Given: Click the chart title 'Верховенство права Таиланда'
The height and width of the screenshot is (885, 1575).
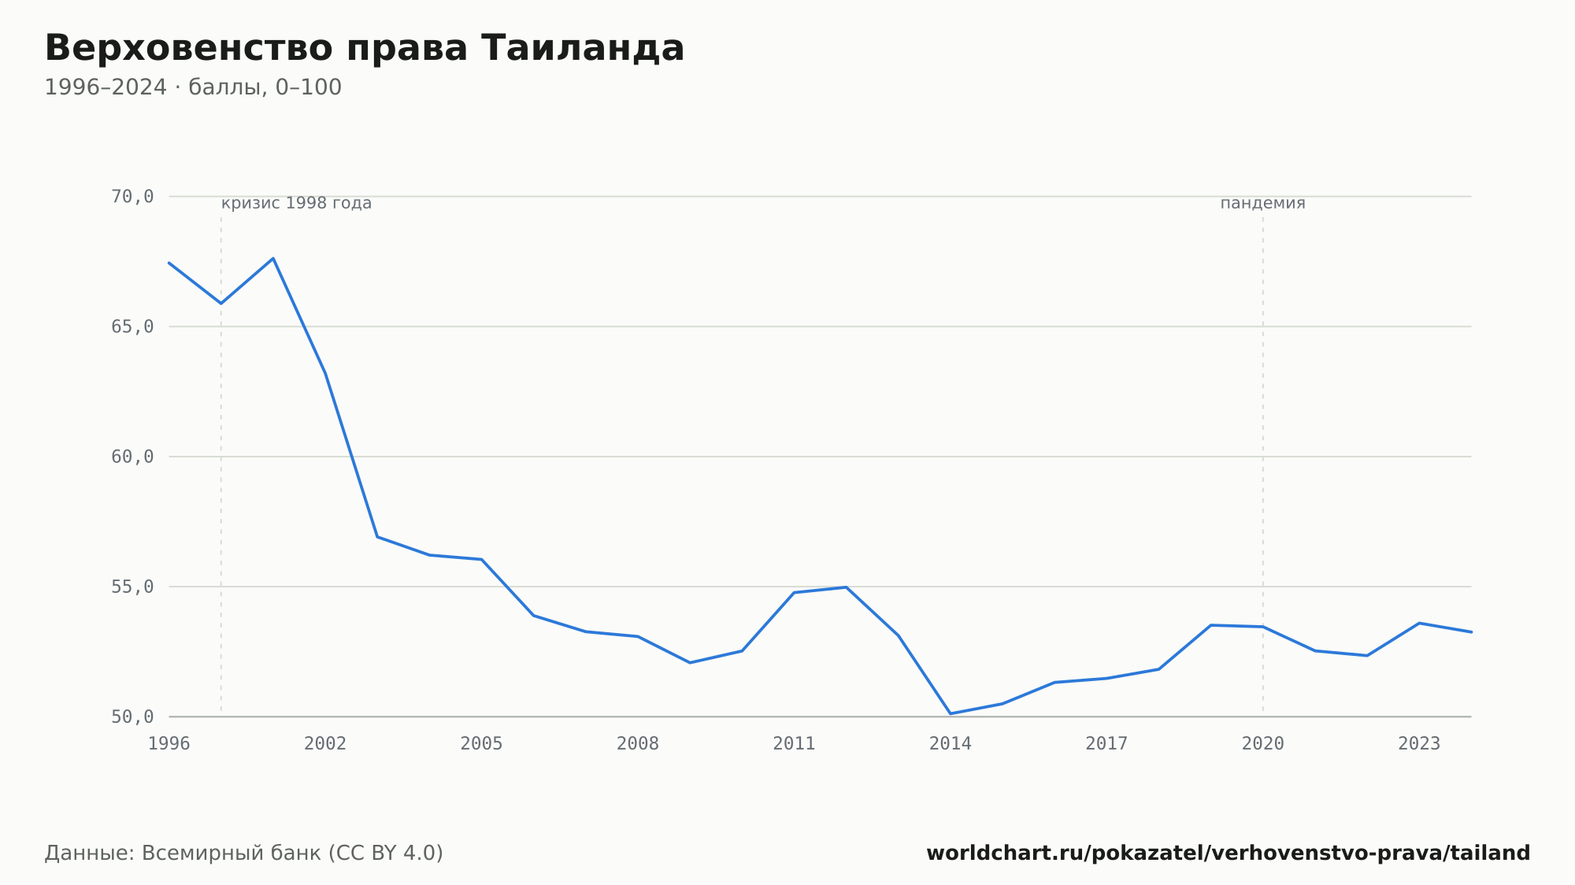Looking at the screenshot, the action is tap(365, 48).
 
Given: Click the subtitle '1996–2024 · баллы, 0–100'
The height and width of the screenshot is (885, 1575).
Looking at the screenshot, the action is tap(193, 87).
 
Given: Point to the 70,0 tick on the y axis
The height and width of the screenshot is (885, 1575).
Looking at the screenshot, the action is tap(132, 197).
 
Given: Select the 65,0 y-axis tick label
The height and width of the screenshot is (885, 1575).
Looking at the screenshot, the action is tap(132, 327).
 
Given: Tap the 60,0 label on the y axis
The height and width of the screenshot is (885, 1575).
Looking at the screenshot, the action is tap(132, 457).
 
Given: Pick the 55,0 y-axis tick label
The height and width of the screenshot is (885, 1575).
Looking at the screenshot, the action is tap(132, 587).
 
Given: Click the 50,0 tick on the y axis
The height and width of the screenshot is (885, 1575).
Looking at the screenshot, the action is tap(132, 717).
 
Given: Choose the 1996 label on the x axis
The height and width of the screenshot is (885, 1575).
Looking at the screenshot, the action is tap(169, 744).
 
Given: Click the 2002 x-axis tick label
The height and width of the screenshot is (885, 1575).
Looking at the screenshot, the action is tap(325, 744).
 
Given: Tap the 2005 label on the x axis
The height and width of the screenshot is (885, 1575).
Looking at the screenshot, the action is tap(482, 744).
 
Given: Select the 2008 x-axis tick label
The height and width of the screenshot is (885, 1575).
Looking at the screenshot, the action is tap(638, 744).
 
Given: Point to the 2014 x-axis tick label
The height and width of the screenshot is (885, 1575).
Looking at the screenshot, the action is tap(951, 744).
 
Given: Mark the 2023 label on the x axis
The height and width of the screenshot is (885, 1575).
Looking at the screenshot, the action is tap(1419, 744).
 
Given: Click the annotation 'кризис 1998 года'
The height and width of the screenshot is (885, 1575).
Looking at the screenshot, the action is tap(296, 203).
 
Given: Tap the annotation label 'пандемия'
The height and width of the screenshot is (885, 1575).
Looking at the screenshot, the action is tap(1262, 203).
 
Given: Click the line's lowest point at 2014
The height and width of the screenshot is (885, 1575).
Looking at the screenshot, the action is tap(951, 713).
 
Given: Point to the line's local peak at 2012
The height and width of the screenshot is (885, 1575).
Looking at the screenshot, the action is tap(846, 587).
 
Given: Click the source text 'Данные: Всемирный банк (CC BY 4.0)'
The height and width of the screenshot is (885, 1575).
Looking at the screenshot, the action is tap(244, 853).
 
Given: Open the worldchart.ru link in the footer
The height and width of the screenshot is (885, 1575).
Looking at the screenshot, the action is tap(1228, 853).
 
